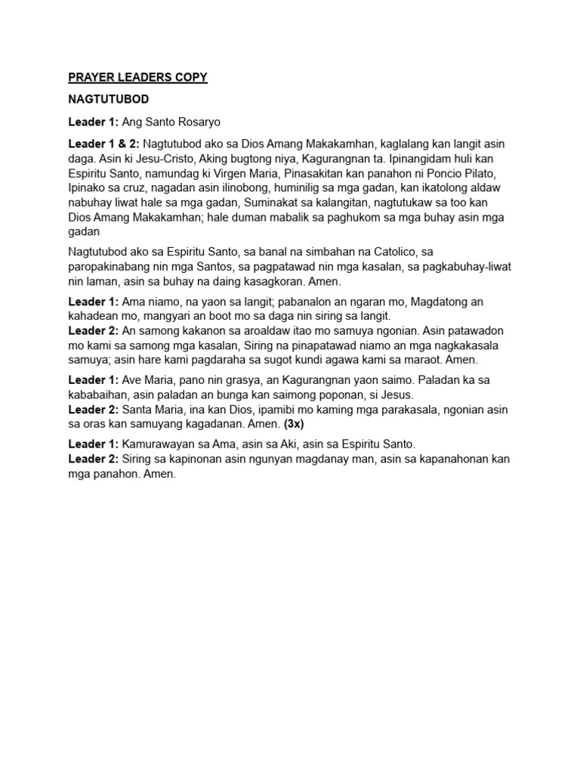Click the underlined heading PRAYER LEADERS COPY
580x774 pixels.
137,77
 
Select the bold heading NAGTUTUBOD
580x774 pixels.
108,99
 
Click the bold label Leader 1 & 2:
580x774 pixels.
103,144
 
